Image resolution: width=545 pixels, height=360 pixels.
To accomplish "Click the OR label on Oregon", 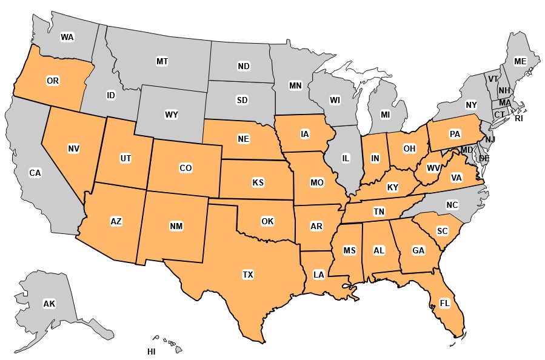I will (52, 80).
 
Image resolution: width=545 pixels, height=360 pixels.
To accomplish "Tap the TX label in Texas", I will (247, 275).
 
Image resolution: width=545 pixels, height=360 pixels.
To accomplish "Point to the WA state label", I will (67, 37).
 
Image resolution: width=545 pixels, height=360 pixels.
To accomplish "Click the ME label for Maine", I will (520, 61).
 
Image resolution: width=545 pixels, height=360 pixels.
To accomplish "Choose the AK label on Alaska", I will (49, 304).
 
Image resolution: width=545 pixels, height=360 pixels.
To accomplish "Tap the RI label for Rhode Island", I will (518, 119).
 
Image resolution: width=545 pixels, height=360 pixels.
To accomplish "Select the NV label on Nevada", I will (74, 148).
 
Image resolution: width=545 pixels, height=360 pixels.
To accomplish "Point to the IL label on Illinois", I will (346, 158).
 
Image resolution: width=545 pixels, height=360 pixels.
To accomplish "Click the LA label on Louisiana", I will (318, 274).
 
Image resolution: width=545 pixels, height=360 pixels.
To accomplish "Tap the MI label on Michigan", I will (385, 114).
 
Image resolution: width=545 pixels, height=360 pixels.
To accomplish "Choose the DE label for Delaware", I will (484, 158).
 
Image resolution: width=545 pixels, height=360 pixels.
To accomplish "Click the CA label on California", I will (35, 173).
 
